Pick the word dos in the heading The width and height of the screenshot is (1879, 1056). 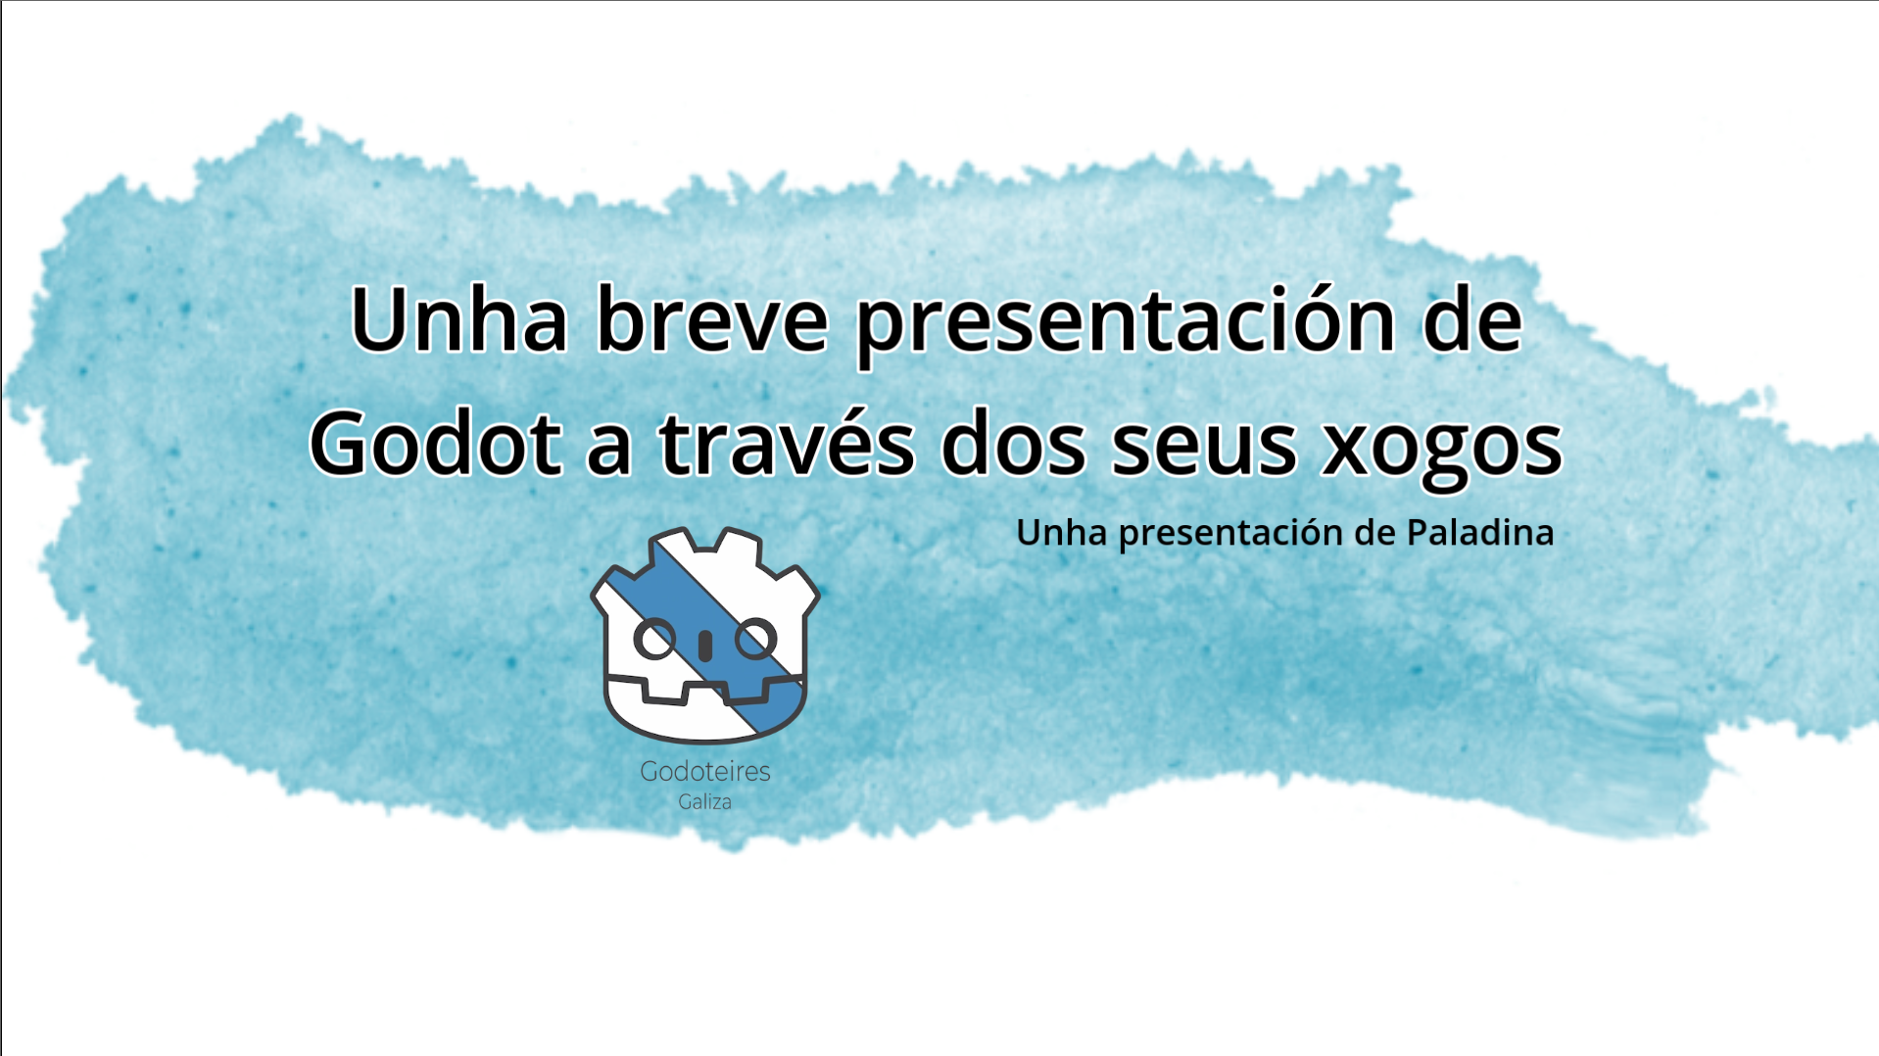[1013, 442]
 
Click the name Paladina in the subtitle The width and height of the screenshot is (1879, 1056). [1480, 532]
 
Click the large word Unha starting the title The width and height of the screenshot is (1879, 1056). [458, 318]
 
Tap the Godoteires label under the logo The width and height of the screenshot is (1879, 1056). [705, 771]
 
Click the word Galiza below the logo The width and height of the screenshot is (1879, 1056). [705, 801]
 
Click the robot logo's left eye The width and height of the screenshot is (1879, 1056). [654, 640]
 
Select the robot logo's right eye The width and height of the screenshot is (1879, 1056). [756, 640]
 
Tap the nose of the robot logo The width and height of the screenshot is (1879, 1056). [705, 646]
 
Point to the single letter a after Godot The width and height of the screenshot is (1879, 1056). [609, 449]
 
